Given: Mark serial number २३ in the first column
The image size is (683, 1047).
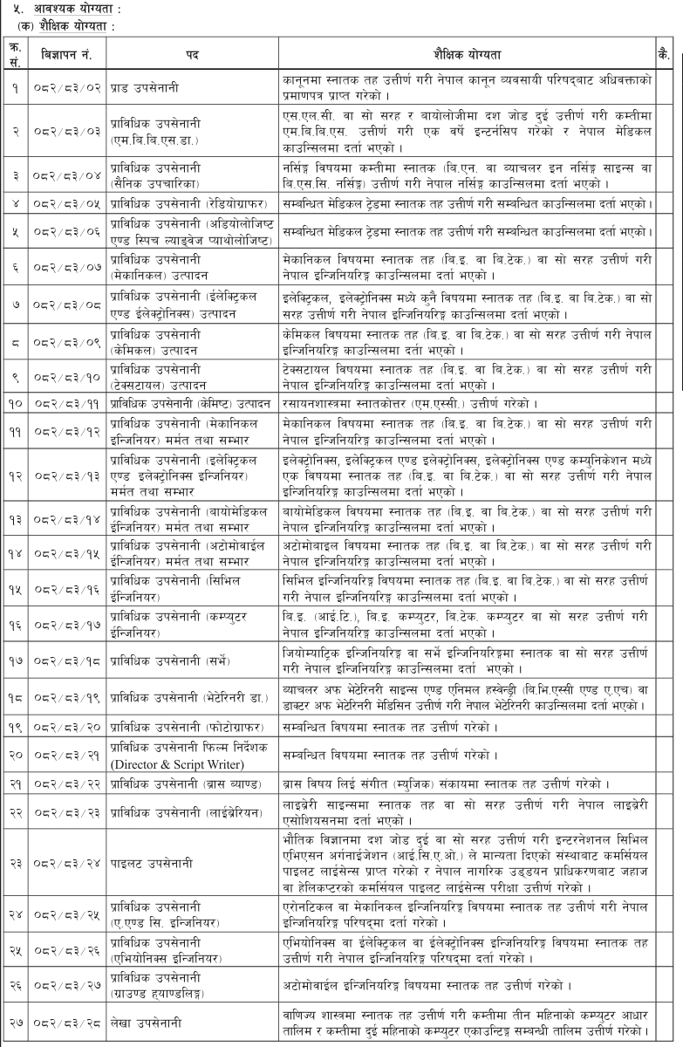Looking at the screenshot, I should [15, 907].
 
